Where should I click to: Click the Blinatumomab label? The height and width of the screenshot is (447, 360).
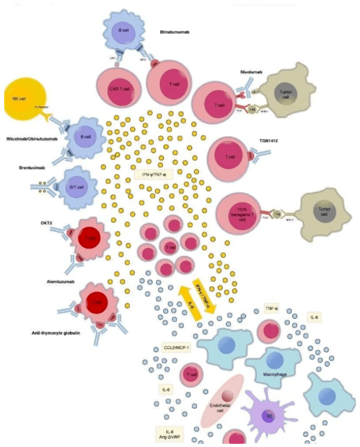[175, 32]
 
